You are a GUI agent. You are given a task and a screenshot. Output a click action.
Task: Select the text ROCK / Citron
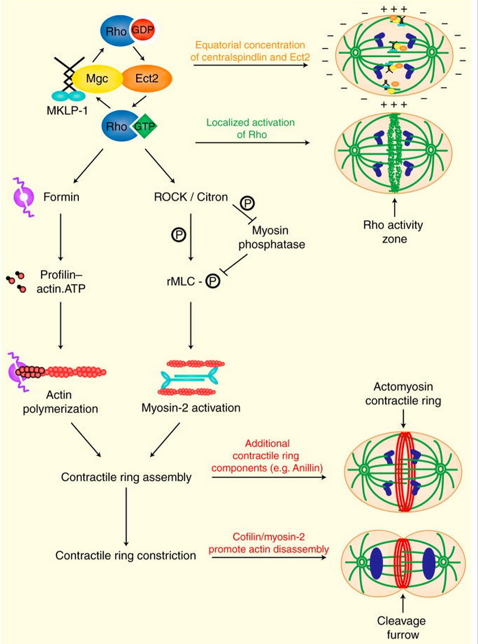[x=191, y=197]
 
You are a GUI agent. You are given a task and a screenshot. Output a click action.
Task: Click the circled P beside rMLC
[x=212, y=281]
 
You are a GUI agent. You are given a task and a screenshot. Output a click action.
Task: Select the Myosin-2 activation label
[x=191, y=408]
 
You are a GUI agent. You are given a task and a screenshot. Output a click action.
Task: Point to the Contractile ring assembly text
[x=125, y=477]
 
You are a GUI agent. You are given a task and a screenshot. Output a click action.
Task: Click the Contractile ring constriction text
[x=125, y=555]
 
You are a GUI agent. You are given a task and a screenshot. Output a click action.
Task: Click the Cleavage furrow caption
[x=401, y=628]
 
